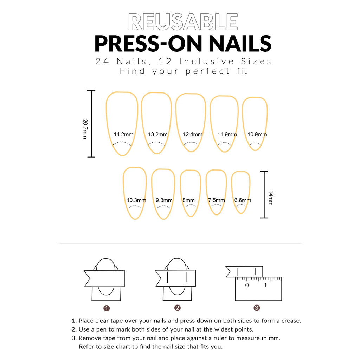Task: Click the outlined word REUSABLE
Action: tap(183, 22)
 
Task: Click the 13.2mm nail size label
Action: tap(158, 134)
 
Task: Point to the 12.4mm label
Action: tap(193, 134)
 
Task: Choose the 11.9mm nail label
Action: tap(227, 134)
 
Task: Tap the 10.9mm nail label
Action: tap(257, 134)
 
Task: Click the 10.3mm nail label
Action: tap(136, 200)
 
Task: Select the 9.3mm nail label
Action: tap(164, 200)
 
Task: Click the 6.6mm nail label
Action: tap(243, 200)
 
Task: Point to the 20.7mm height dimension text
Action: tap(85, 129)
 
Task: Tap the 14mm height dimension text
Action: tap(271, 199)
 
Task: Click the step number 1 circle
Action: tap(107, 308)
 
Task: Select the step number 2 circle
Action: tap(178, 308)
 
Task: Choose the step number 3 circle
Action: tap(257, 308)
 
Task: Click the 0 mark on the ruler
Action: tap(247, 285)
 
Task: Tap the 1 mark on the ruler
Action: tap(265, 285)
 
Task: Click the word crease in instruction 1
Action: tap(291, 321)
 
